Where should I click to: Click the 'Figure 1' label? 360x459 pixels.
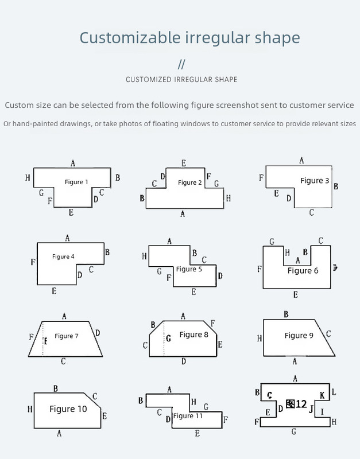click(x=76, y=182)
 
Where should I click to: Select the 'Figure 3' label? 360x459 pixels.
click(x=315, y=180)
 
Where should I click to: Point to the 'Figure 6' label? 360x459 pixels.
click(x=303, y=270)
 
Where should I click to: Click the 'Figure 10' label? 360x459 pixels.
click(x=68, y=409)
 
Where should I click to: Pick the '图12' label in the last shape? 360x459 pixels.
click(x=296, y=404)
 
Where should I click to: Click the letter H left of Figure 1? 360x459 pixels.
click(x=28, y=178)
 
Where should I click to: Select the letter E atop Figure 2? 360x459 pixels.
click(x=184, y=163)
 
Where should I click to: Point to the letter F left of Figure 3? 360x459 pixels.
click(x=261, y=178)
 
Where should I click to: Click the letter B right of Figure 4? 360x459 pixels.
click(x=107, y=251)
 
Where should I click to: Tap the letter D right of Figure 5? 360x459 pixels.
click(x=220, y=276)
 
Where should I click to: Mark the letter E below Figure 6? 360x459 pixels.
click(x=295, y=294)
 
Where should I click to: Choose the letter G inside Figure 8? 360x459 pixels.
click(x=168, y=339)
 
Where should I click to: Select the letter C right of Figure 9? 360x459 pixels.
click(x=328, y=334)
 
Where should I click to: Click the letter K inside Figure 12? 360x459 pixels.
click(x=322, y=395)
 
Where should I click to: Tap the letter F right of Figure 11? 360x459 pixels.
click(x=226, y=419)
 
